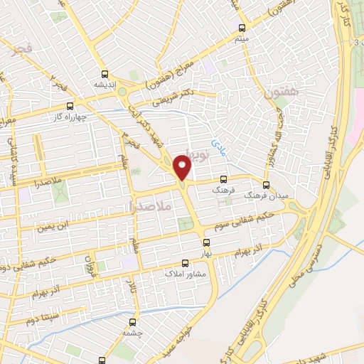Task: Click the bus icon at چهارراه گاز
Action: tap(69, 105)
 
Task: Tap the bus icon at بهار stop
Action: tap(205, 242)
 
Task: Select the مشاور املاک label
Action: tap(185, 272)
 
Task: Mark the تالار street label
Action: tap(130, 285)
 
